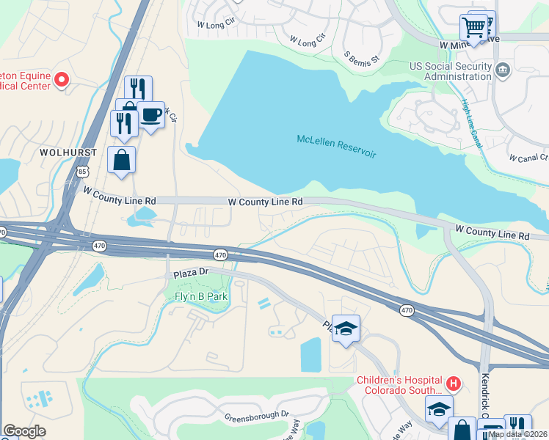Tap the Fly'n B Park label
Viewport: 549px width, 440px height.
pyautogui.click(x=201, y=297)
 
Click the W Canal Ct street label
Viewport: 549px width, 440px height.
pyautogui.click(x=528, y=158)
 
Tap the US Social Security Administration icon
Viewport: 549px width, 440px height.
pyautogui.click(x=503, y=70)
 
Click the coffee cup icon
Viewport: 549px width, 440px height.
pyautogui.click(x=150, y=115)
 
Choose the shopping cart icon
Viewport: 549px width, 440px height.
pyautogui.click(x=474, y=28)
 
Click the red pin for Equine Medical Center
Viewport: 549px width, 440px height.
pyautogui.click(x=62, y=78)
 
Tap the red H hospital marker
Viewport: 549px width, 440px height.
pyautogui.click(x=454, y=382)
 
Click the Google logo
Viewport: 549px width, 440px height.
pyautogui.click(x=24, y=431)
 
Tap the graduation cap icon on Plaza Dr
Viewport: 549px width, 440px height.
pyautogui.click(x=346, y=329)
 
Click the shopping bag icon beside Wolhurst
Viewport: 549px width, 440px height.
pyautogui.click(x=121, y=160)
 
